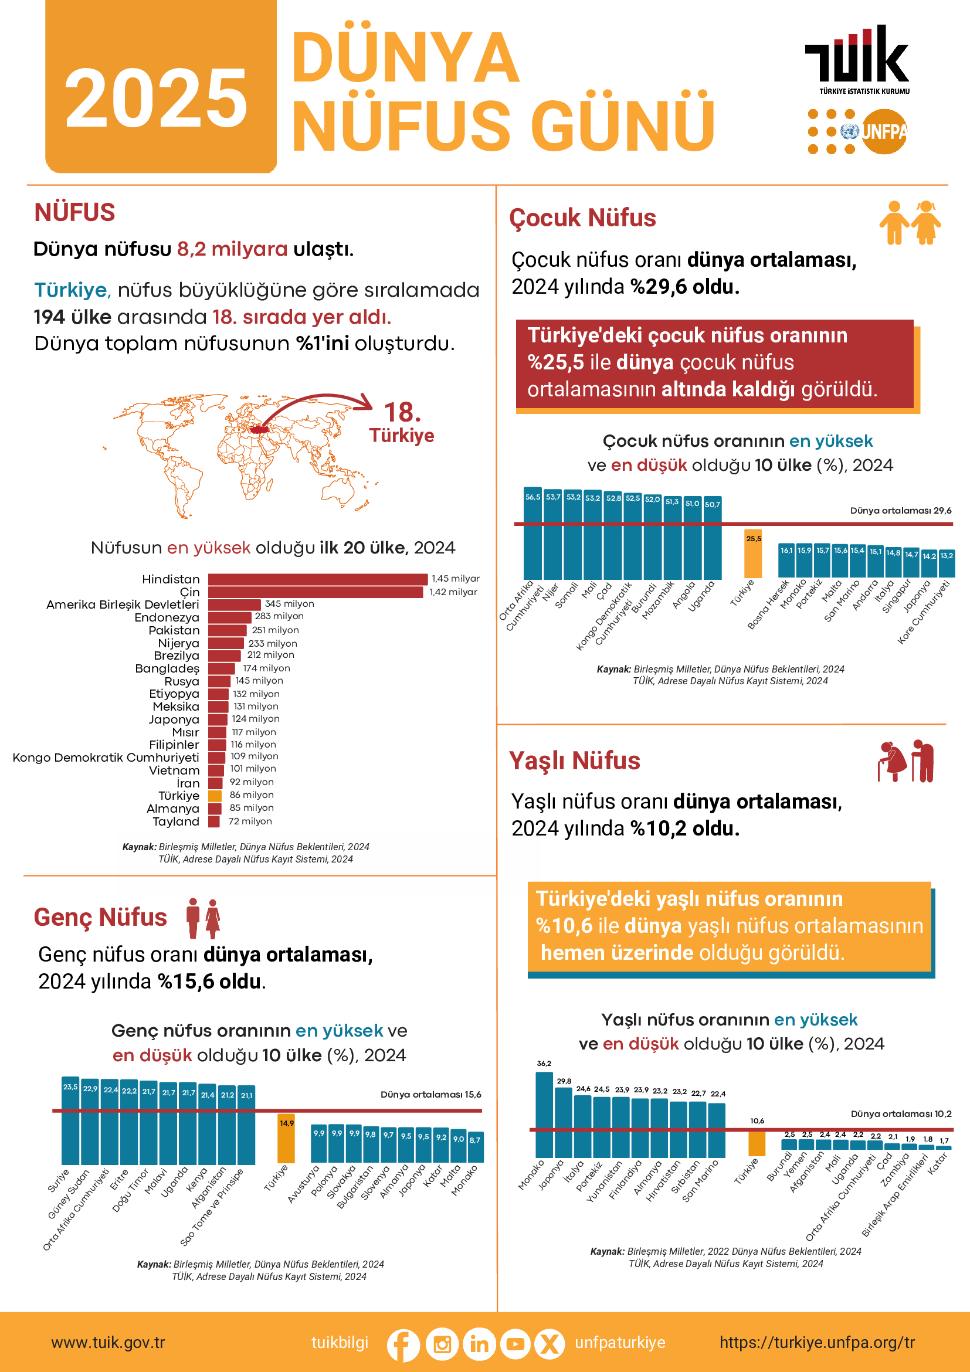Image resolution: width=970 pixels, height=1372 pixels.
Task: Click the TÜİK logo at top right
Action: pos(857,57)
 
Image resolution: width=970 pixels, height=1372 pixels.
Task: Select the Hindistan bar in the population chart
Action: pos(317,579)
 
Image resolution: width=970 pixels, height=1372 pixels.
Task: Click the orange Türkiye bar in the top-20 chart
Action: pos(215,796)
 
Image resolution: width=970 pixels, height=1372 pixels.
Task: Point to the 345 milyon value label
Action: pos(289,603)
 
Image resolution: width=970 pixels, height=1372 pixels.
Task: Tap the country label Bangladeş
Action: pos(167,668)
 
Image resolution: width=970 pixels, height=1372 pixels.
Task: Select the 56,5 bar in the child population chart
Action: pos(533,534)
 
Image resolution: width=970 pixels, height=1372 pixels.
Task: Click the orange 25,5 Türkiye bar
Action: pos(753,554)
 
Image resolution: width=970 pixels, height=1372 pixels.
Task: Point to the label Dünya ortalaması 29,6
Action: pos(900,510)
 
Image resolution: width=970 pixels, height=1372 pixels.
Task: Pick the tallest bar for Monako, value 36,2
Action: pos(544,1115)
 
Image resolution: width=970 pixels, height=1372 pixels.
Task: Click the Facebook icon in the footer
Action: pos(403,1344)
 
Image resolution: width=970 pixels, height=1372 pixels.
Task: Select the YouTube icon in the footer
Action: pos(514,1344)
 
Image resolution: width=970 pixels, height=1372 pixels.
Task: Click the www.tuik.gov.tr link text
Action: pos(108,1343)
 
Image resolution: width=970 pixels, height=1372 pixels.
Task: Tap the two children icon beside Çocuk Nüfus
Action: pos(910,223)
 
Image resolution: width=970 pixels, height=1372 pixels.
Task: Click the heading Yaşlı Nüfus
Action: pos(574,760)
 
